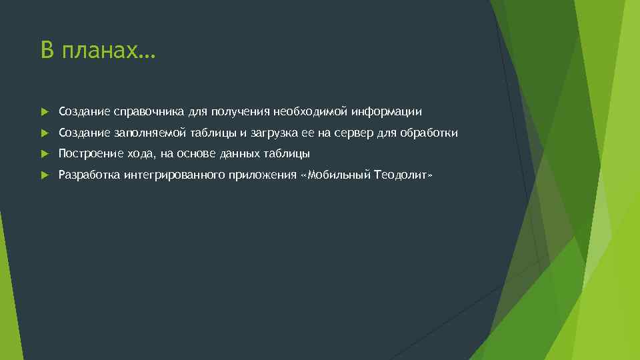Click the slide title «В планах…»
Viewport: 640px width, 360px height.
pos(97,51)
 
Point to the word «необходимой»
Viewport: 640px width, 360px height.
pos(309,111)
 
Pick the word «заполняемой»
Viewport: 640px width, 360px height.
pos(145,133)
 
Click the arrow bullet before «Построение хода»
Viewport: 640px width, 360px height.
pos(44,154)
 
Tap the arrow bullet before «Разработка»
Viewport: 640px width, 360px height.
pos(44,175)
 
